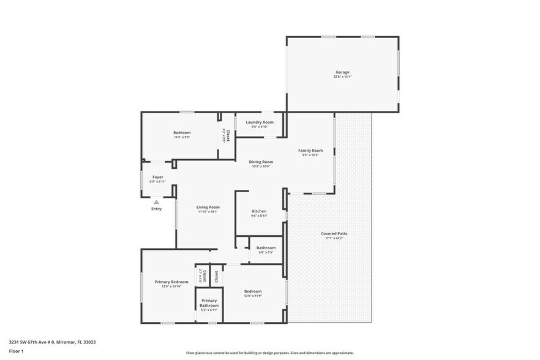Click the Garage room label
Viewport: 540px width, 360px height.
tap(342, 72)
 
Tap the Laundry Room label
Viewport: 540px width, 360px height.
tap(260, 122)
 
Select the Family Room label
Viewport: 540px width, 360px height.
tap(310, 150)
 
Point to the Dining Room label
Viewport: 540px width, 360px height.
tap(261, 162)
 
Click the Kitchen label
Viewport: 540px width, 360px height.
tap(259, 211)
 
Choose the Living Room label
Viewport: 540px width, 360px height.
tap(208, 207)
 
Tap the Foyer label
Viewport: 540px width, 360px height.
tap(158, 177)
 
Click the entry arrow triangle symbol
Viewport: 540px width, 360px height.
tap(156, 201)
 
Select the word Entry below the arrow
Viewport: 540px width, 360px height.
tap(156, 209)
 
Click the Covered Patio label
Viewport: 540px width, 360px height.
tap(334, 233)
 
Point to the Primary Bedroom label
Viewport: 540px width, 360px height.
tap(171, 282)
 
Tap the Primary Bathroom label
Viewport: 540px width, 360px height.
tap(209, 302)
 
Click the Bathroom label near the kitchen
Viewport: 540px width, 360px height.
tap(266, 247)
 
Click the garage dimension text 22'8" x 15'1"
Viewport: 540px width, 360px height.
tap(342, 77)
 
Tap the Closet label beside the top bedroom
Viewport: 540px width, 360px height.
tap(228, 135)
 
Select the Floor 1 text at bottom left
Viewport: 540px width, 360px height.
tap(16, 351)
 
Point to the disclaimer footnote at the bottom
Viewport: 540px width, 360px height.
tap(269, 353)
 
